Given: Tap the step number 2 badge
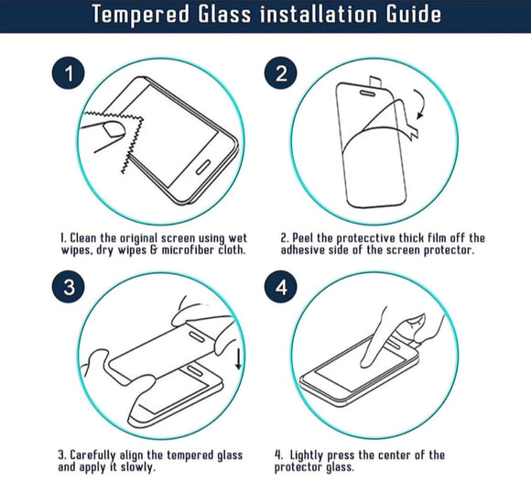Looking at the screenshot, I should tap(282, 74).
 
